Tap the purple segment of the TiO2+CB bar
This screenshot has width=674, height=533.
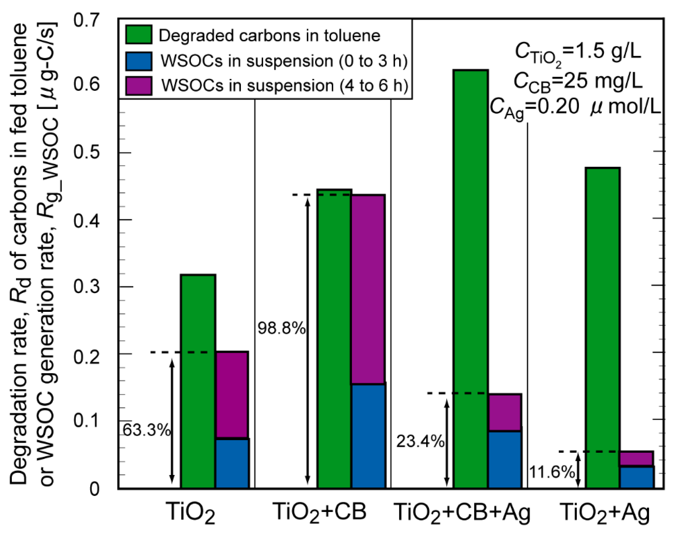368,289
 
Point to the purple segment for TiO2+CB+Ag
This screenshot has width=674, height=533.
505,412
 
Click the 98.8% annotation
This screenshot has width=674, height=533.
281,329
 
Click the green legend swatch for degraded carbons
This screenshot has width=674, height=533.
139,35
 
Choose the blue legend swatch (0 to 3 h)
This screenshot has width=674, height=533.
139,61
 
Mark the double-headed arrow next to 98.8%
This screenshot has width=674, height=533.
308,340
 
